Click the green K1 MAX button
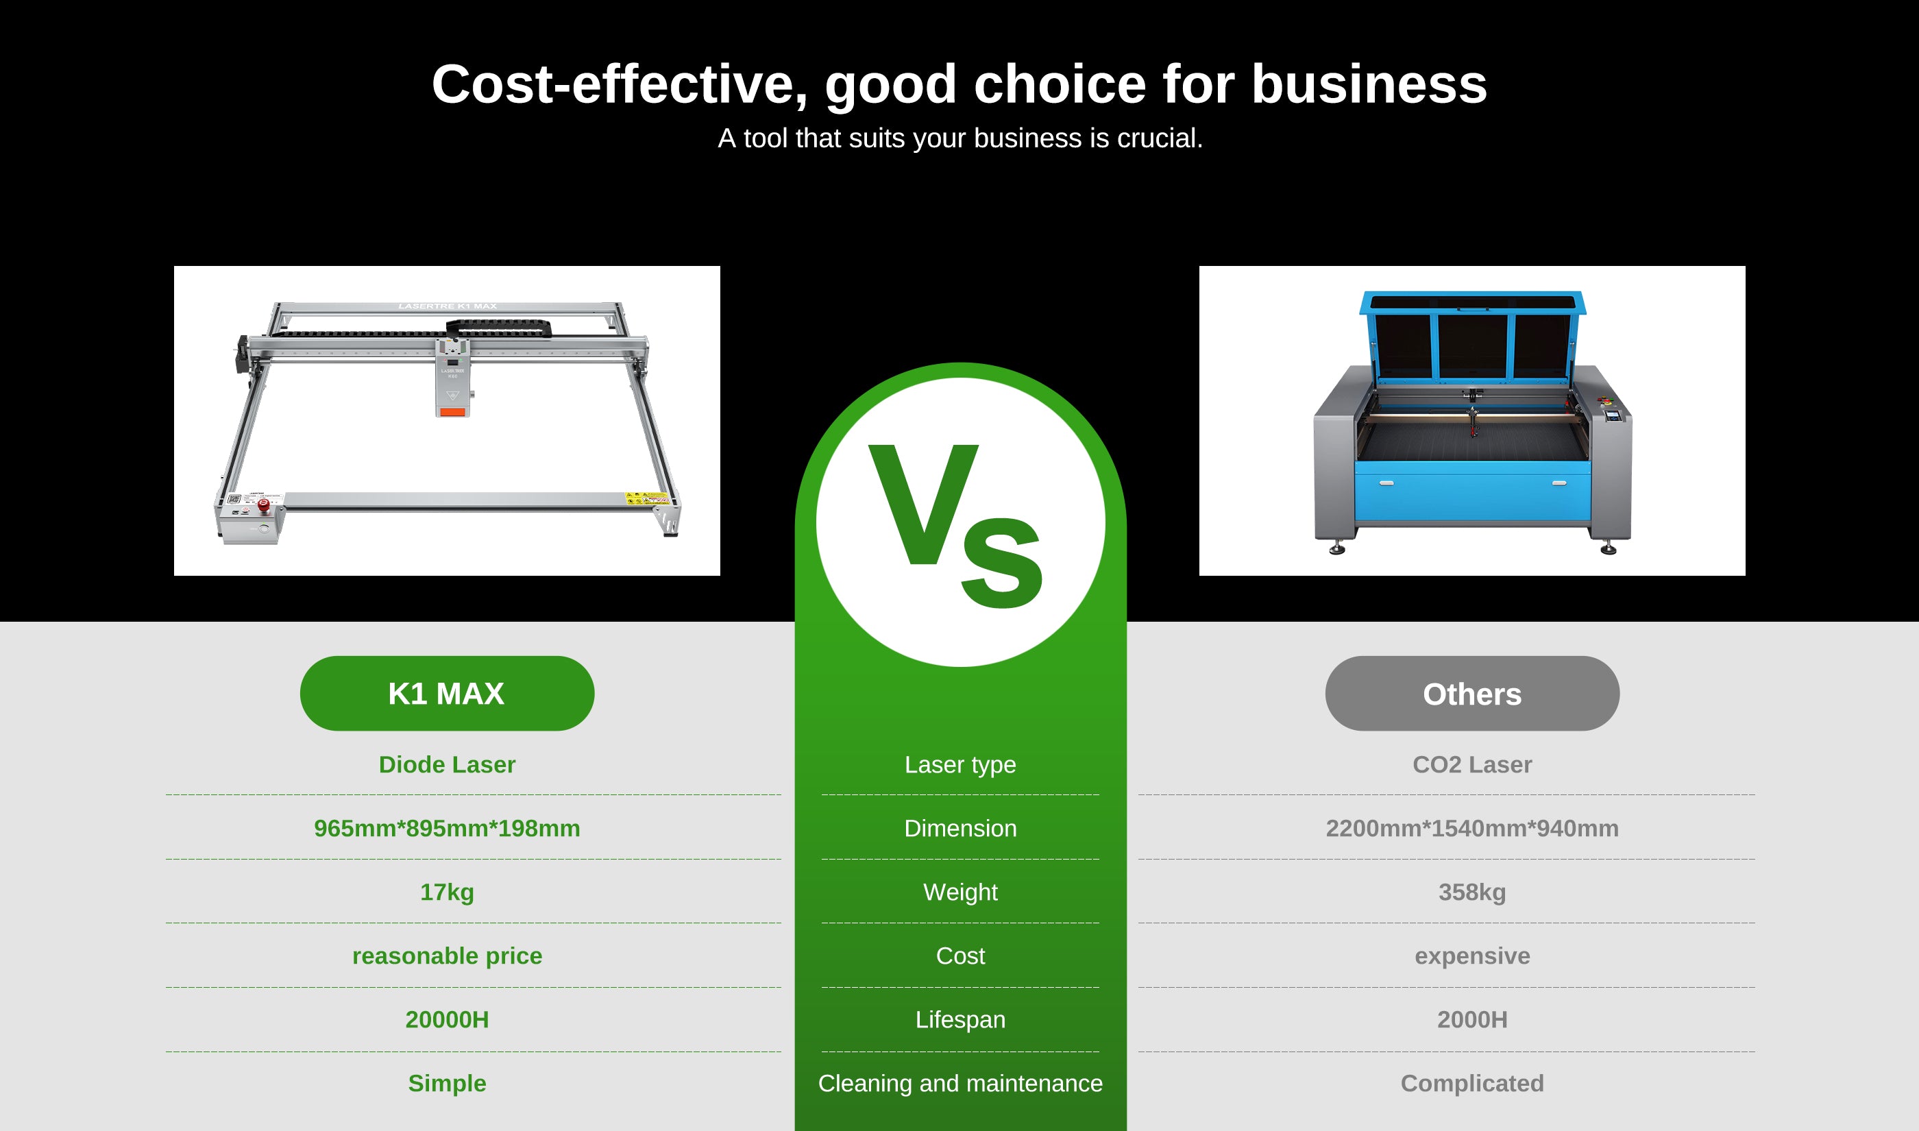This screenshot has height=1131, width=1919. point(447,693)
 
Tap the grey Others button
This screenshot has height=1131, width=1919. point(1472,693)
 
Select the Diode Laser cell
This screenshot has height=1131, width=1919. point(447,764)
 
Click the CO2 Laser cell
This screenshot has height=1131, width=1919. point(1472,764)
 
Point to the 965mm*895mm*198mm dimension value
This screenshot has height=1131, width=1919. point(447,829)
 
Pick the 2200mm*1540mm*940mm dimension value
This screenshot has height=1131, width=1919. point(1472,829)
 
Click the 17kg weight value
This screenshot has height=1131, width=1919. point(447,892)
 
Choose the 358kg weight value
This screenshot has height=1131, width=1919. point(1472,892)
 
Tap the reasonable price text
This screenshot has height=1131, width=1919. point(447,956)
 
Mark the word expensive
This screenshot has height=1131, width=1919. point(1472,956)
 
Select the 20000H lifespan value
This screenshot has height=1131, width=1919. point(447,1020)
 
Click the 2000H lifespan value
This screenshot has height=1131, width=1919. point(1472,1020)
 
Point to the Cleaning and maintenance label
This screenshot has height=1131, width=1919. point(960,1083)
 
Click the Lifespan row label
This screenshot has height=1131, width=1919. point(960,1020)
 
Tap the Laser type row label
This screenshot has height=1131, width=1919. point(960,764)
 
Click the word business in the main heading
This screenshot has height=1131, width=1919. point(1369,84)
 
